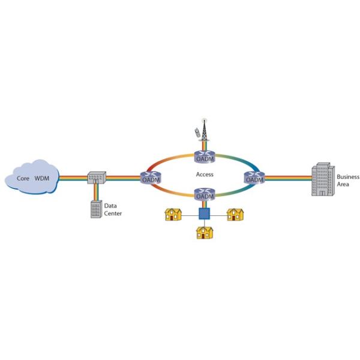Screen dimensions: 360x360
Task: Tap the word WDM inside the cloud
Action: (42, 179)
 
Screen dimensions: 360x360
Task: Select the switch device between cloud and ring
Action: (96, 178)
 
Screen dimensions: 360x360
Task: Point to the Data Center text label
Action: (113, 209)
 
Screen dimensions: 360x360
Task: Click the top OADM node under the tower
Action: (204, 157)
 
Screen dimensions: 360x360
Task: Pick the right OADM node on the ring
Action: (255, 178)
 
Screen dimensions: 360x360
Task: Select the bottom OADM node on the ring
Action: (204, 195)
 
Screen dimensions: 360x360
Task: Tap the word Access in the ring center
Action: (205, 175)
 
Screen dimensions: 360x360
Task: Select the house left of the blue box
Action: (174, 214)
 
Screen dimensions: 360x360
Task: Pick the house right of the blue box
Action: (235, 214)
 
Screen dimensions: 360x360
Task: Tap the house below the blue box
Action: (204, 232)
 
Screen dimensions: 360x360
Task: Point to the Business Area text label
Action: (347, 181)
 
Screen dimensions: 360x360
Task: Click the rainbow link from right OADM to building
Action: (287, 178)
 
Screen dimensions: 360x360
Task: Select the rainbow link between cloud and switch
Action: (72, 178)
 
